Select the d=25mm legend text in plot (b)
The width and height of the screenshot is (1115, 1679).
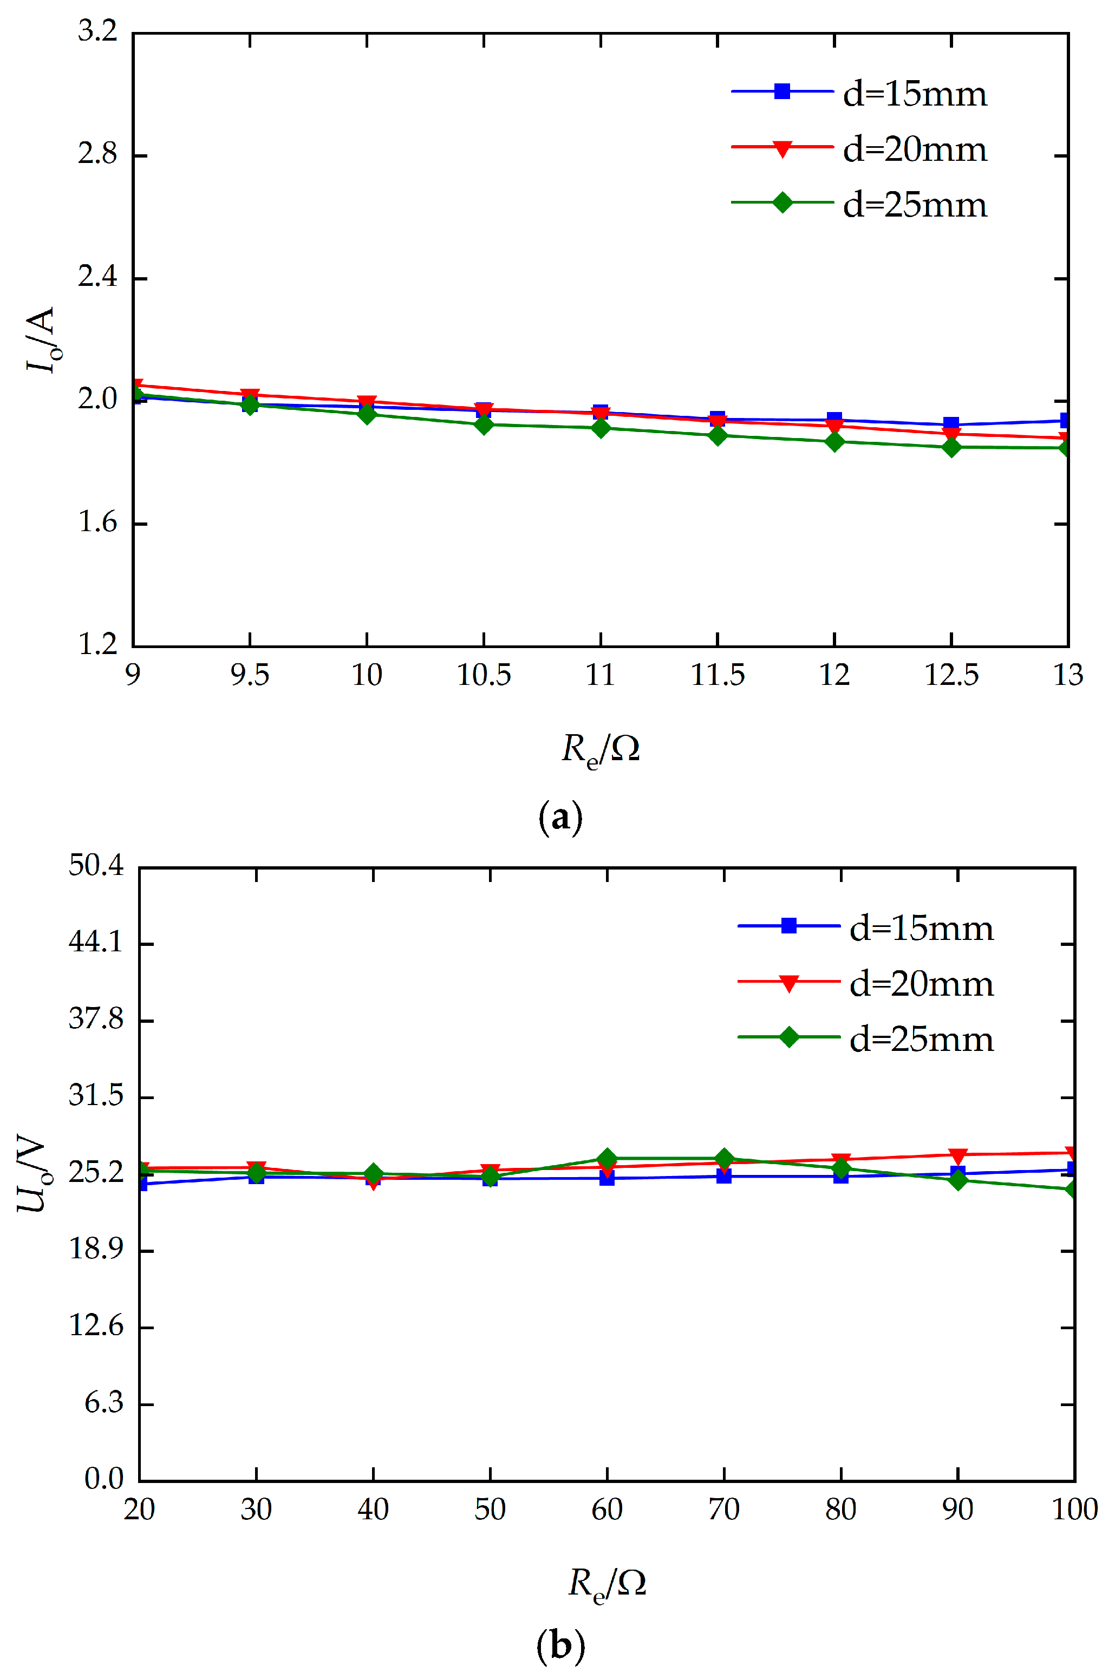coord(921,1040)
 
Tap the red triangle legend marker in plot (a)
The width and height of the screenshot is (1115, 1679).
coord(782,148)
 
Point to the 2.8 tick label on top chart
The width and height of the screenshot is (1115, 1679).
coord(97,154)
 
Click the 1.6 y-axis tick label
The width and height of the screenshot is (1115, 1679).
coord(97,522)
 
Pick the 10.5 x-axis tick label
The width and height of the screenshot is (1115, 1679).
coord(484,675)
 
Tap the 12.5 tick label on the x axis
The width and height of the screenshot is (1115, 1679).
coord(951,675)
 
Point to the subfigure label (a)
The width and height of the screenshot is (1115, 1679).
coord(560,818)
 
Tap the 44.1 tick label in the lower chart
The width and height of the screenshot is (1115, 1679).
coord(96,943)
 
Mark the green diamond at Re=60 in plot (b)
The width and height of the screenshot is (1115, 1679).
coord(607,1159)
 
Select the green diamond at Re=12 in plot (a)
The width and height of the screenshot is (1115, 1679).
coord(834,441)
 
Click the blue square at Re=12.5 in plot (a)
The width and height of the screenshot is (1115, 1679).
coord(951,424)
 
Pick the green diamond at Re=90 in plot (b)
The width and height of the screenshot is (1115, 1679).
coord(958,1180)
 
